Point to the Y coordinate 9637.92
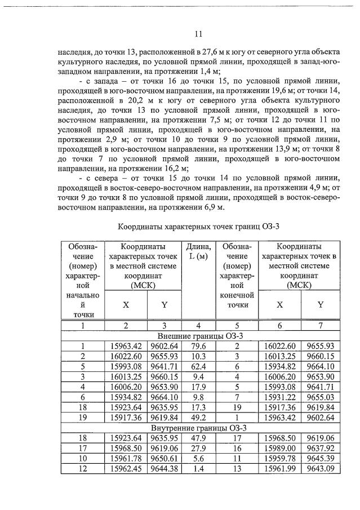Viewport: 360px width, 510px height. tap(321, 449)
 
